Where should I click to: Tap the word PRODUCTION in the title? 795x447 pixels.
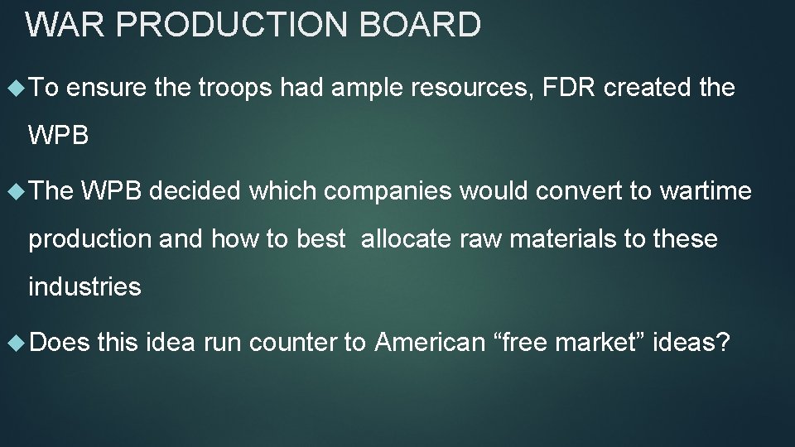click(233, 25)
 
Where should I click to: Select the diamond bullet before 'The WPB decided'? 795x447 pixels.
click(13, 191)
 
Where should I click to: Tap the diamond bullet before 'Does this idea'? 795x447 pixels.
click(13, 340)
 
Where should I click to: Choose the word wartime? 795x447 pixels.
click(706, 191)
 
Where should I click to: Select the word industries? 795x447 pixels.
click(84, 287)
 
